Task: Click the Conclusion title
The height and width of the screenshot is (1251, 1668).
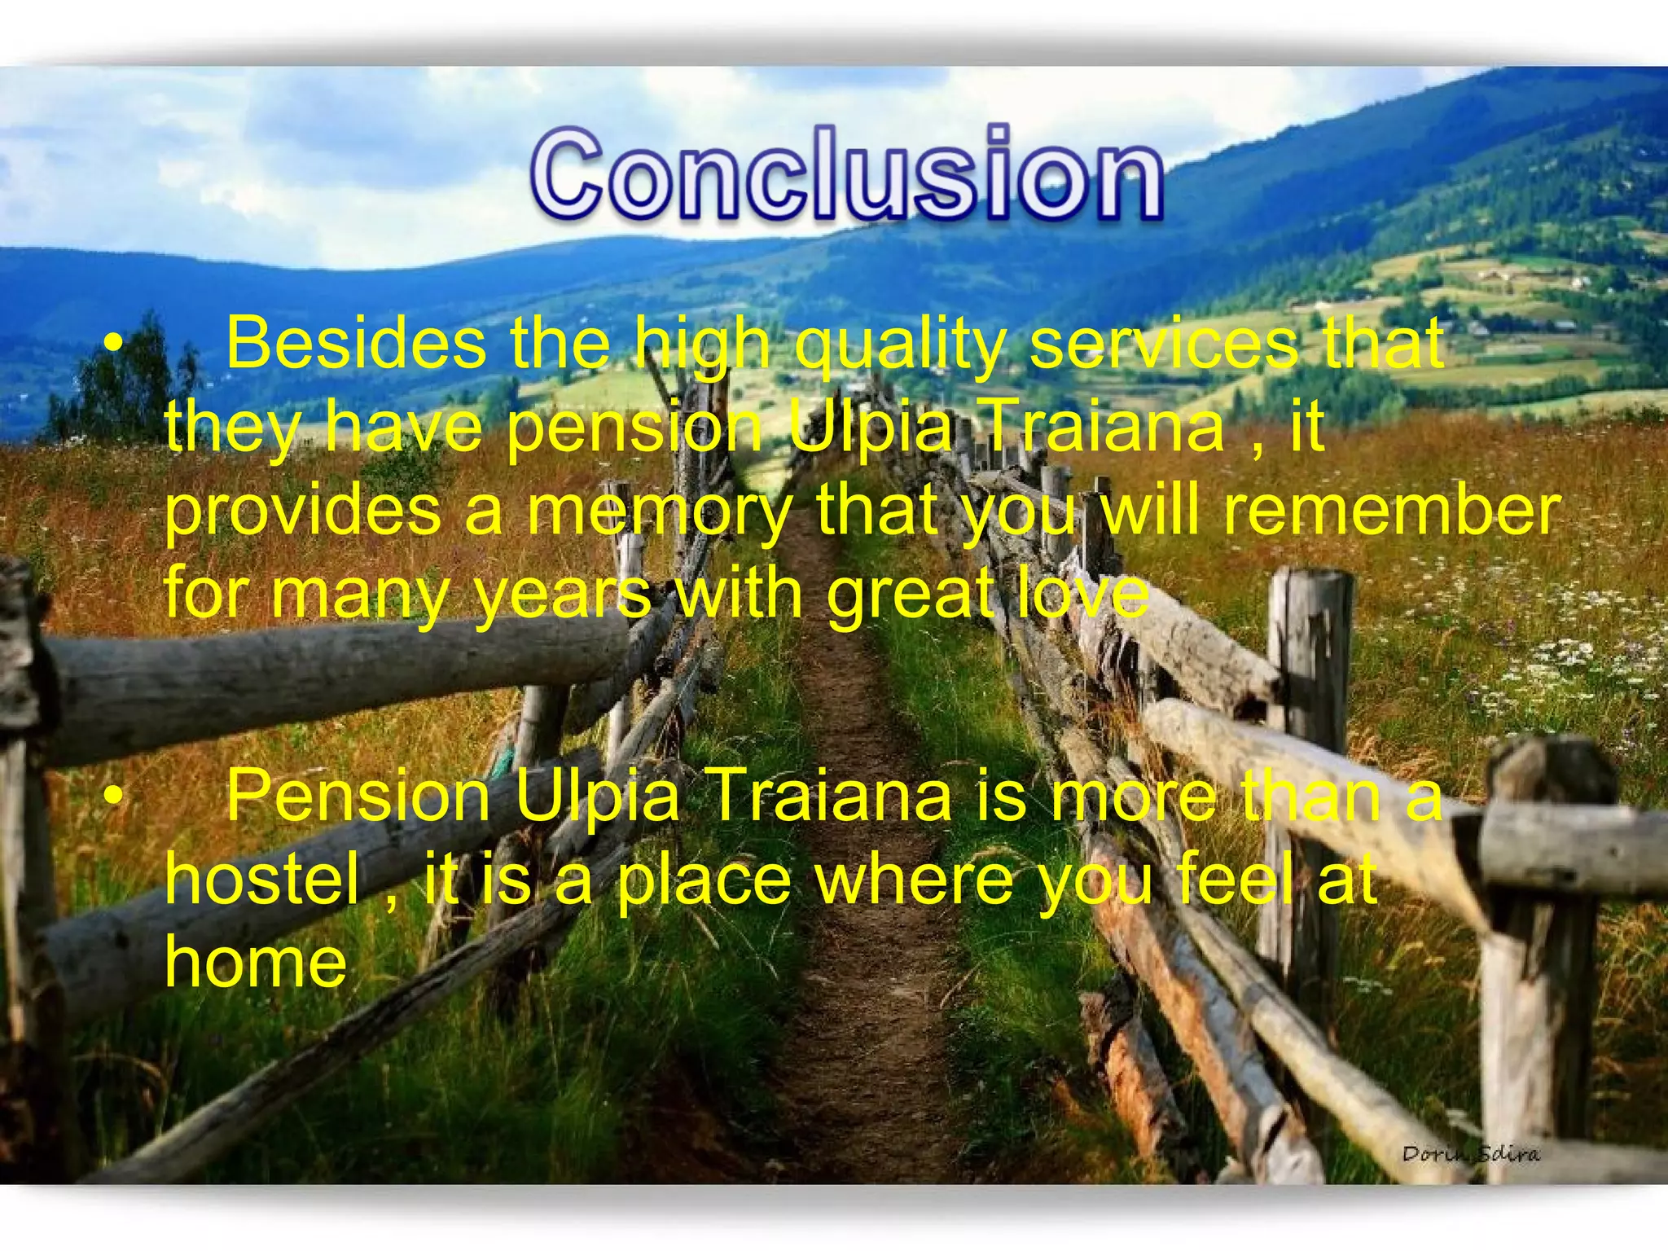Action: click(847, 173)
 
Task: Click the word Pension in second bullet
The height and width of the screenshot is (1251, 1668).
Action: click(358, 797)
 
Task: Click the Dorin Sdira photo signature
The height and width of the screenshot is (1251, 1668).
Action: click(1471, 1153)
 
